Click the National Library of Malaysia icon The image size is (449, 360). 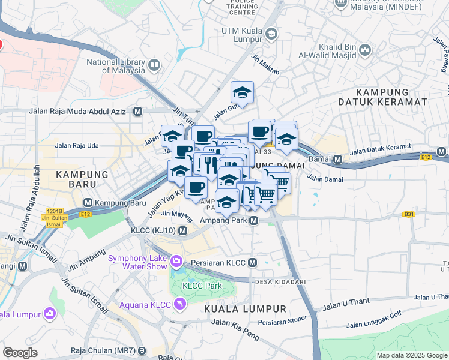154,65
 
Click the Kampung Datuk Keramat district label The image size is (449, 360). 391,97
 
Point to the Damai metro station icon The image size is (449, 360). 337,160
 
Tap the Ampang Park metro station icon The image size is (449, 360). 255,221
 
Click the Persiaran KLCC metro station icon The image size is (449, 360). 253,263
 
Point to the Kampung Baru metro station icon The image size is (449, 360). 88,203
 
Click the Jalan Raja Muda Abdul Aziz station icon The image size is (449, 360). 138,111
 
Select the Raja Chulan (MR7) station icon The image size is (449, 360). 142,350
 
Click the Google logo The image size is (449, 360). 20,352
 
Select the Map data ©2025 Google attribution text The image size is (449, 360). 411,355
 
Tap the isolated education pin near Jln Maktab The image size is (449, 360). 242,92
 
